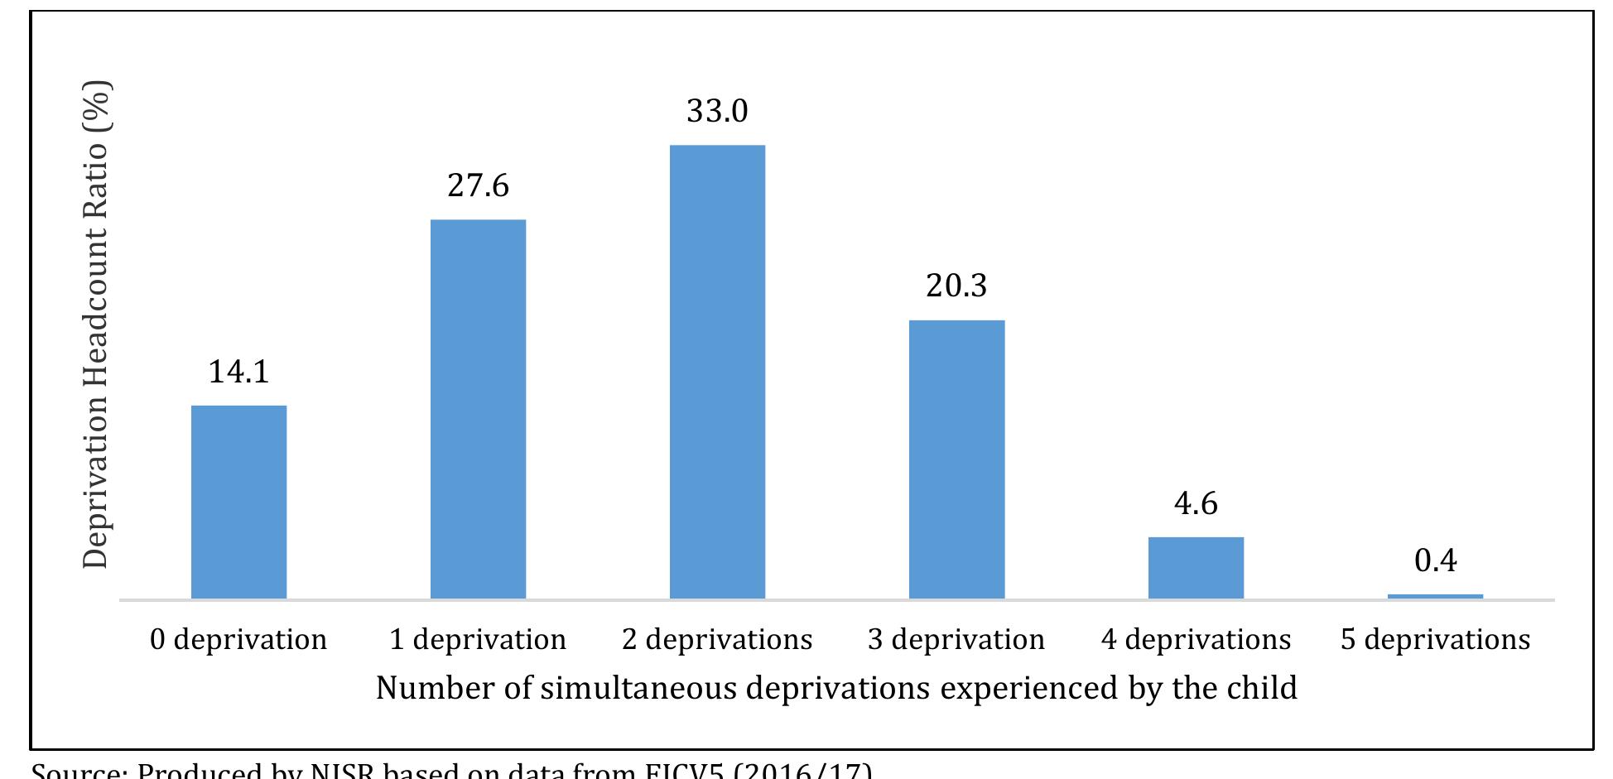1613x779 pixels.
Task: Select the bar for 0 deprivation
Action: pos(238,502)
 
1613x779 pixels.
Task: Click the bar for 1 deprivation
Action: pos(478,409)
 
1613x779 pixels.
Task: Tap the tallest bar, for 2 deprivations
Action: pos(717,372)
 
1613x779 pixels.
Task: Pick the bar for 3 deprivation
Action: pos(956,459)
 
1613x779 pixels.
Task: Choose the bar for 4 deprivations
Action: pos(1196,568)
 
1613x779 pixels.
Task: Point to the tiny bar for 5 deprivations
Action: pos(1435,596)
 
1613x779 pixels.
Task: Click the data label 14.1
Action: pos(238,372)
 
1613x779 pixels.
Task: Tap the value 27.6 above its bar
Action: pos(478,185)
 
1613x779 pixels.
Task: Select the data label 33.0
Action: pos(717,111)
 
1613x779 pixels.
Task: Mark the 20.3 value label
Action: pos(956,286)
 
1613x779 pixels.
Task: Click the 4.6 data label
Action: pos(1196,503)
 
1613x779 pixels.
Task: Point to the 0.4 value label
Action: pos(1435,560)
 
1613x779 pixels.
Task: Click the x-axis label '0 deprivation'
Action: pos(238,639)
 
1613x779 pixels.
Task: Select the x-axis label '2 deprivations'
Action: pos(717,639)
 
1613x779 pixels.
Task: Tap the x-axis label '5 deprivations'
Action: pos(1435,639)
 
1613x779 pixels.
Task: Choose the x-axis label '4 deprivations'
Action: pos(1196,639)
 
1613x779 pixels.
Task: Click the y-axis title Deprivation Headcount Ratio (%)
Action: pos(96,325)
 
